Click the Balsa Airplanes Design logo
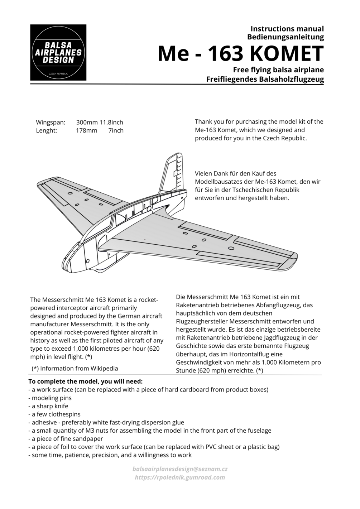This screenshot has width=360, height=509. pyautogui.click(x=58, y=52)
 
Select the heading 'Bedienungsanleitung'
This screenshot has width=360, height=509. pyautogui.click(x=285, y=37)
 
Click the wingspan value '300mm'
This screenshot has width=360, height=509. pyautogui.click(x=87, y=122)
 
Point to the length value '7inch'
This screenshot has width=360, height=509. pyautogui.click(x=116, y=130)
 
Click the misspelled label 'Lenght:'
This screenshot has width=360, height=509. pyautogui.click(x=47, y=130)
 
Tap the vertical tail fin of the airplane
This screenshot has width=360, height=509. pyautogui.click(x=174, y=172)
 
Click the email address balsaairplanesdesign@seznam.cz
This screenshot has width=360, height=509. pyautogui.click(x=180, y=469)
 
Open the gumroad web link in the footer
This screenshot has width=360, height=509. pyautogui.click(x=180, y=477)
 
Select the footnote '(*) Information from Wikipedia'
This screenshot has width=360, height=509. pyautogui.click(x=75, y=368)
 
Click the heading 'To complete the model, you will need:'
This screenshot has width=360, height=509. pyautogui.click(x=86, y=381)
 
